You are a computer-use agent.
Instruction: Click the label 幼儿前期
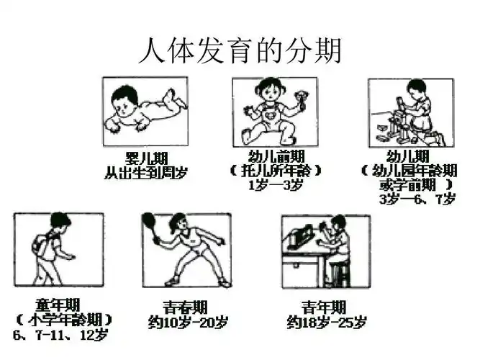click(x=275, y=157)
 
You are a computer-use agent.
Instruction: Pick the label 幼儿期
click(x=408, y=157)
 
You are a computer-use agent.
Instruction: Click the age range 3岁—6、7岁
click(x=417, y=199)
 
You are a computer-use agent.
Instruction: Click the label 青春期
click(x=186, y=307)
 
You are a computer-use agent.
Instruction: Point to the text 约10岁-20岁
click(x=186, y=321)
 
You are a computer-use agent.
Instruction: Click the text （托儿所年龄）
click(x=275, y=171)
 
